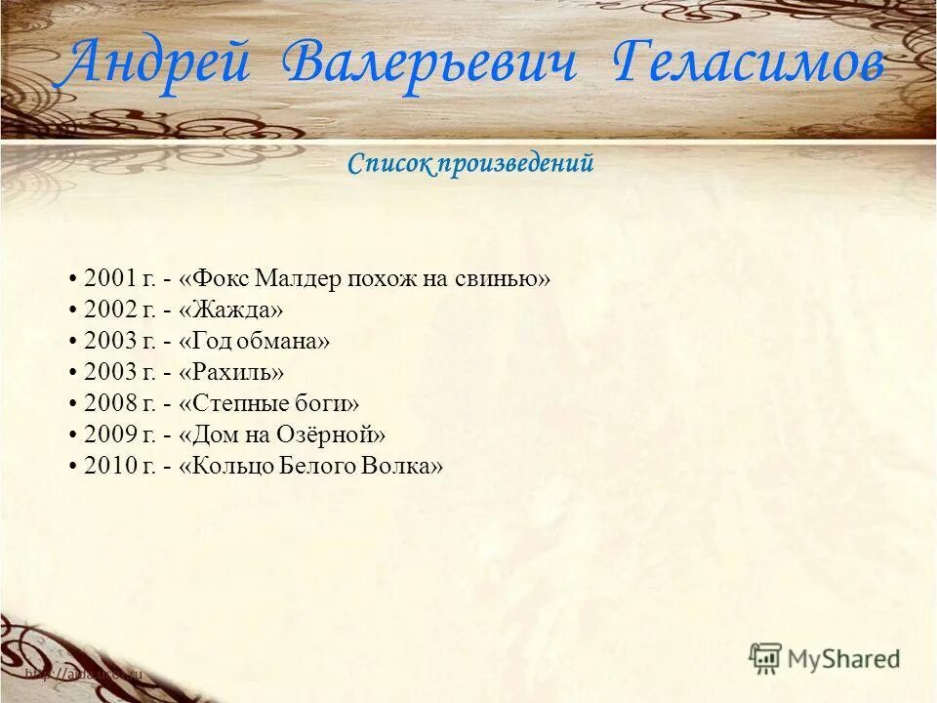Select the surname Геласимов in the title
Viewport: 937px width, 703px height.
click(750, 65)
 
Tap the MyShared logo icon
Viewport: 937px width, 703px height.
click(766, 659)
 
